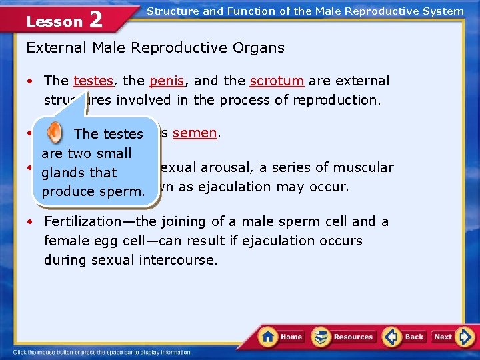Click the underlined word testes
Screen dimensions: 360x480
[93, 81]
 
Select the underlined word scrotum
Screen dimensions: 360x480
[277, 81]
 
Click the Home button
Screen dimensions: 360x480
[282, 337]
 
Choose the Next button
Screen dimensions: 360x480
[444, 337]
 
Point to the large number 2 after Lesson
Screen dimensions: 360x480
[95, 20]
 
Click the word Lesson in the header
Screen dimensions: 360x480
[54, 22]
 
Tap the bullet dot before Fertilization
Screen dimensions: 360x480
[31, 222]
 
